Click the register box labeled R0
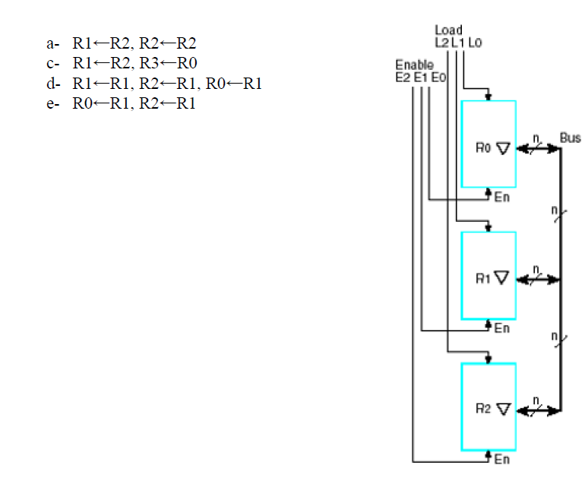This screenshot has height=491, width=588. point(488,144)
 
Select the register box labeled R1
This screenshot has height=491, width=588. point(488,275)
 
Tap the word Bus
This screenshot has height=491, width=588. point(570,138)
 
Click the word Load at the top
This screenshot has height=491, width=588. point(448,30)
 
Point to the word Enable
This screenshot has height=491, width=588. point(414,65)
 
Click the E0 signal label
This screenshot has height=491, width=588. point(436,77)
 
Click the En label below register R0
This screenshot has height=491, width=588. point(502,198)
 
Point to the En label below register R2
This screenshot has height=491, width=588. point(502,460)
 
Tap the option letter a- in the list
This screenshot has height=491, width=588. point(52,43)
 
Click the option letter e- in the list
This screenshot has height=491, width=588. point(52,104)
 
